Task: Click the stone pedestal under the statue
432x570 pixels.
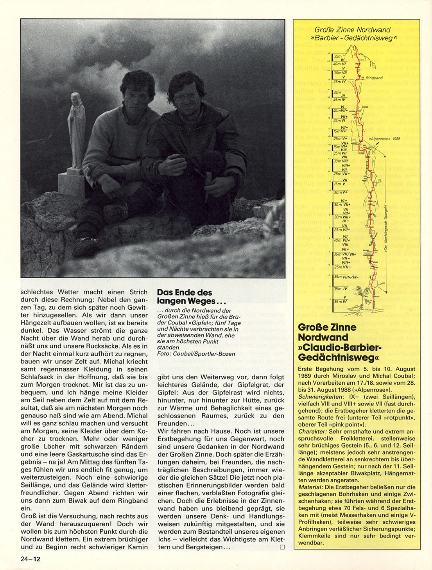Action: (x=72, y=184)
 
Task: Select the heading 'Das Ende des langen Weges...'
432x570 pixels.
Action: (x=185, y=297)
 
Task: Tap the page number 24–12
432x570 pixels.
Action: (x=30, y=559)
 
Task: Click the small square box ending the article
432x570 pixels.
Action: (x=282, y=547)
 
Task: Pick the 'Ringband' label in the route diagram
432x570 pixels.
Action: (x=374, y=78)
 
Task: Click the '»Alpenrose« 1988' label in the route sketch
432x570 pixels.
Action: (x=385, y=138)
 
